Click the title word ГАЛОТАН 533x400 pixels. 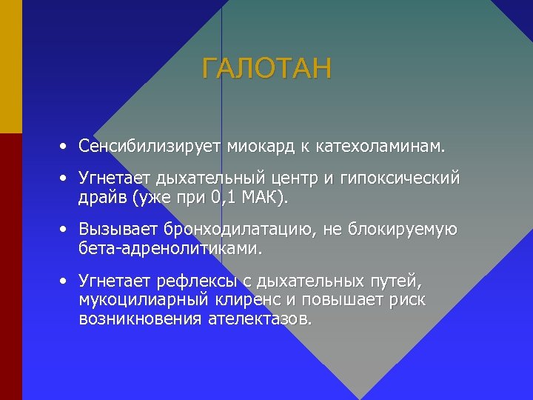[x=267, y=70]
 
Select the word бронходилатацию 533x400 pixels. [x=238, y=230]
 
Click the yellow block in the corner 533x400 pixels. [x=10, y=67]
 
